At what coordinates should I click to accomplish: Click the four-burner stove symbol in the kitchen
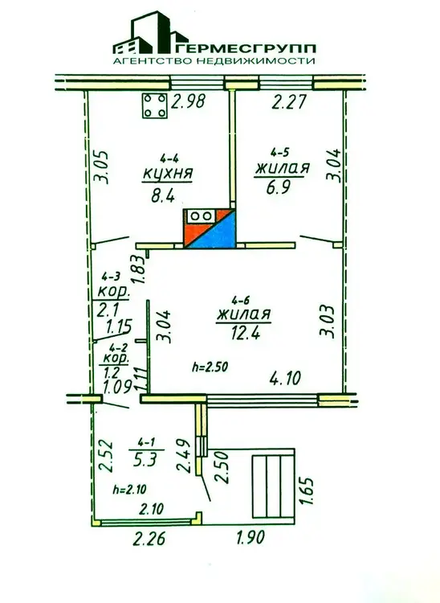155,106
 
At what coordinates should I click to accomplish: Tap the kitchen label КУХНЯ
167,174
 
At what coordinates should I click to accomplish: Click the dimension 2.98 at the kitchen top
188,101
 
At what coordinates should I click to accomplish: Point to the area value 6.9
279,188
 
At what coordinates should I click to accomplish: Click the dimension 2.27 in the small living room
289,102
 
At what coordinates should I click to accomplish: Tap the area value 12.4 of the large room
246,331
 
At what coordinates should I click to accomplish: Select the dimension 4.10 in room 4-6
285,379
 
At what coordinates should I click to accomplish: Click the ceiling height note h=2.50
210,367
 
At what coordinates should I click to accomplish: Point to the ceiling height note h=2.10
130,490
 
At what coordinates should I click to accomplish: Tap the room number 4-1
147,443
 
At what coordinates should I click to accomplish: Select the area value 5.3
146,459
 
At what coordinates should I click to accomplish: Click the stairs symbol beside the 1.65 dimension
273,486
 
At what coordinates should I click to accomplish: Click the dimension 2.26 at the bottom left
149,539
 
